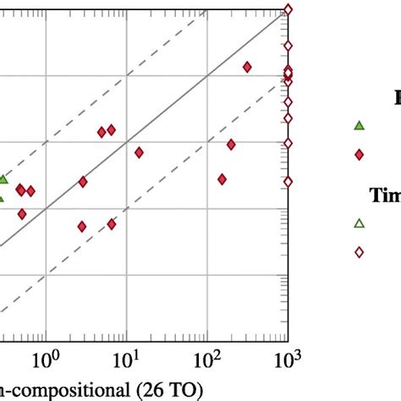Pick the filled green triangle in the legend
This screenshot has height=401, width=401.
359,126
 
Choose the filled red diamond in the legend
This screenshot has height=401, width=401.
359,154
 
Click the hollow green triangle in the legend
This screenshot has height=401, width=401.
359,223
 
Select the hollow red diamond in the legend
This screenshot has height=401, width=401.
359,251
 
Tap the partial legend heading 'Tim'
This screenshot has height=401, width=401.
384,195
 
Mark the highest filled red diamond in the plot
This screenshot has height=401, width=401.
248,67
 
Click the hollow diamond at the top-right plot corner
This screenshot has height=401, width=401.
288,9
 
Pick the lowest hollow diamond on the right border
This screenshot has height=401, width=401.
288,181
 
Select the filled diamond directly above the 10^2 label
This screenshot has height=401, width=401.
222,179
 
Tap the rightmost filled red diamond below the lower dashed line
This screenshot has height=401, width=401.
231,145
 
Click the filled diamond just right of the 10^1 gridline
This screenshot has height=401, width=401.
139,152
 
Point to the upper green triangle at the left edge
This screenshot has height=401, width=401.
3,179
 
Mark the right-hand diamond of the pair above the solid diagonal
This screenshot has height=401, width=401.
111,130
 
